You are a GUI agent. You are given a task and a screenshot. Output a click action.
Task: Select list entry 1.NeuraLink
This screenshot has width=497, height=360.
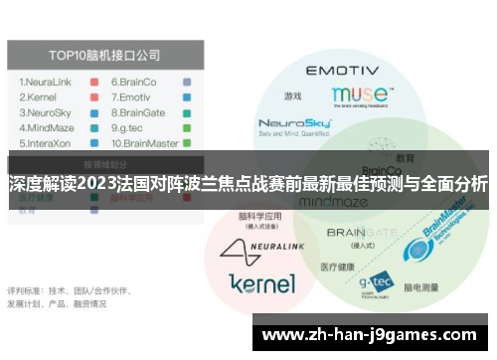[x=51, y=82]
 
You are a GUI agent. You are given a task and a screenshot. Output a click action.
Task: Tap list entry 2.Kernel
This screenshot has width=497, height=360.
[x=42, y=97]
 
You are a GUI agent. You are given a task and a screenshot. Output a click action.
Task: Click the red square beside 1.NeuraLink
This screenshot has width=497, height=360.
[x=91, y=82]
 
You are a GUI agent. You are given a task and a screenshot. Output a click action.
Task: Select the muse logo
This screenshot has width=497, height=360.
[x=361, y=95]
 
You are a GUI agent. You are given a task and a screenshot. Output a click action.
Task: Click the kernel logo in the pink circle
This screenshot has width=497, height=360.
[x=261, y=282]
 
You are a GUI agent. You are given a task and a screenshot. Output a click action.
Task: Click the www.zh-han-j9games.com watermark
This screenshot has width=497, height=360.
[x=373, y=335]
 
